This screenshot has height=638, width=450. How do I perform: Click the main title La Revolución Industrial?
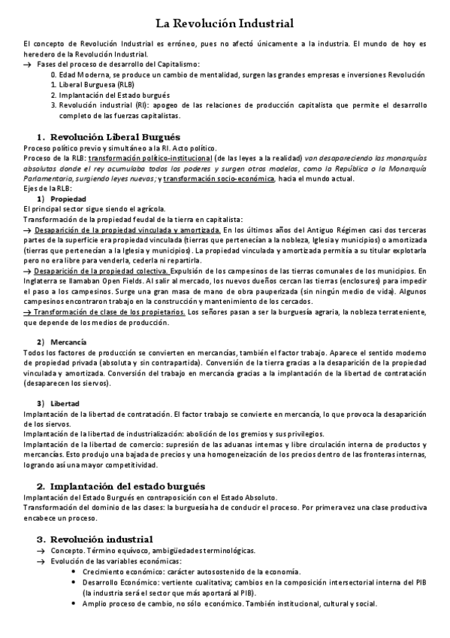(225, 24)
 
